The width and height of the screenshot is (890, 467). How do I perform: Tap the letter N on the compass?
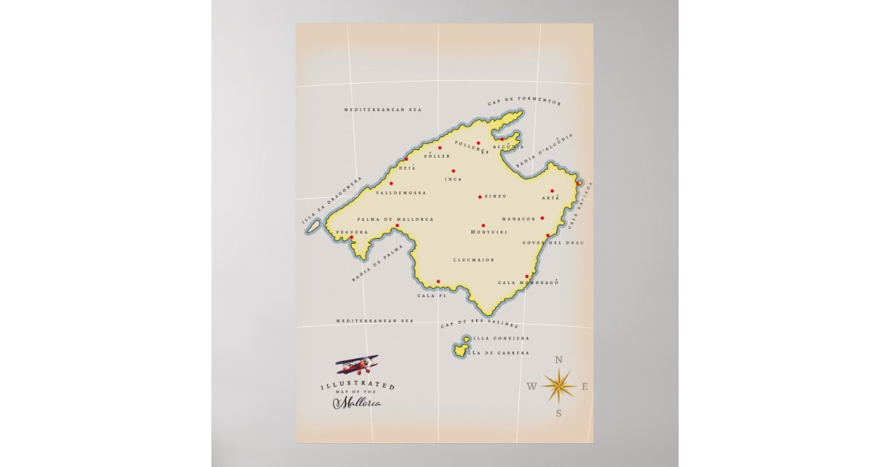click(558, 360)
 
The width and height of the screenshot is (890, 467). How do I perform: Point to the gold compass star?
click(558, 385)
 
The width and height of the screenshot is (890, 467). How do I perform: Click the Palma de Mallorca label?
click(395, 219)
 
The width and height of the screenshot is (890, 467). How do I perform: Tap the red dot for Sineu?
click(480, 196)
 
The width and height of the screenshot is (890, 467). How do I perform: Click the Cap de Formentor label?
click(524, 103)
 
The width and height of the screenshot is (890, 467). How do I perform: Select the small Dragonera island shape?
click(314, 226)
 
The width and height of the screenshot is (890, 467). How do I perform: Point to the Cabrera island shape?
click(461, 347)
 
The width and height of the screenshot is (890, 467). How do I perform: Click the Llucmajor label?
click(473, 260)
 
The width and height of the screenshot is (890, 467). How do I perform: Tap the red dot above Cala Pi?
click(438, 281)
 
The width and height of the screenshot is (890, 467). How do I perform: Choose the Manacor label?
click(518, 219)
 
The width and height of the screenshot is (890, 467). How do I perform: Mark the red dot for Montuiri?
click(483, 225)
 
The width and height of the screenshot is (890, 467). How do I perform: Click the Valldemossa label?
click(401, 193)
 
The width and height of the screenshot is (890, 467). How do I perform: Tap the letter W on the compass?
click(532, 386)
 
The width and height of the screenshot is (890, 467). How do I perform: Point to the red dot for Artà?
click(552, 191)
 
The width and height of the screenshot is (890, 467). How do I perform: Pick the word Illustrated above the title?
click(357, 385)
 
